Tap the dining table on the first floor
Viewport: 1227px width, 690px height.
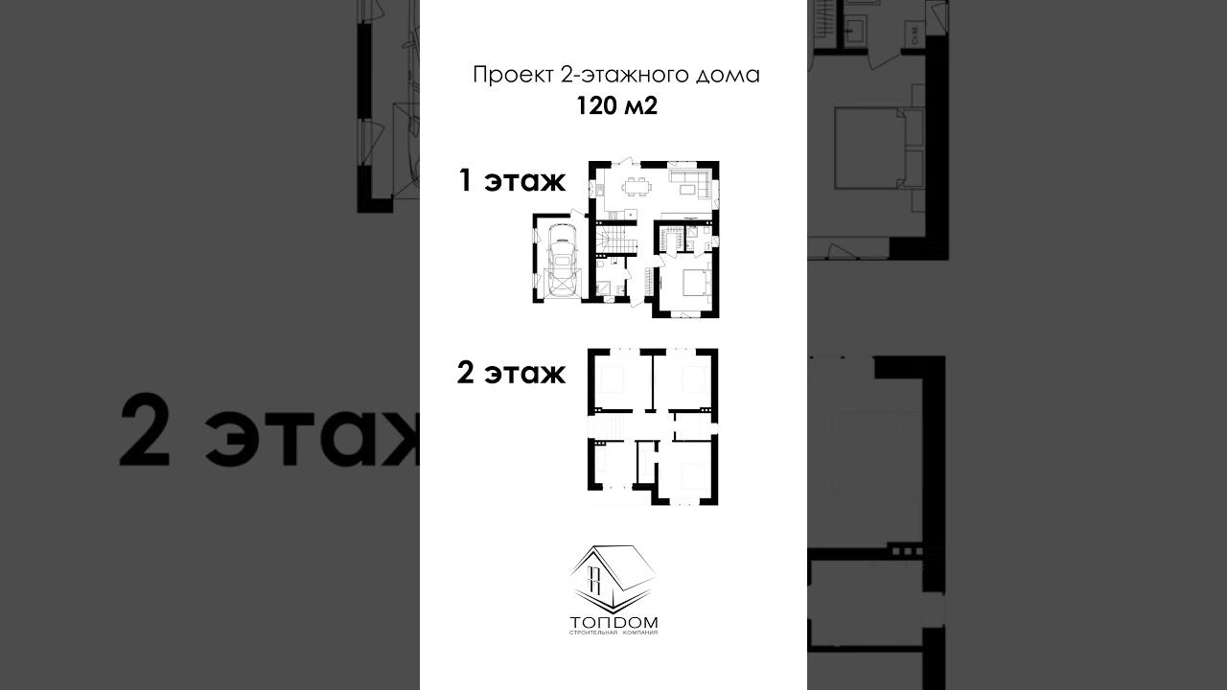tap(637, 187)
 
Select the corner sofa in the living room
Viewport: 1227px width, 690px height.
tap(691, 179)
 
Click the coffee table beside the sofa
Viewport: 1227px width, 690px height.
tap(687, 190)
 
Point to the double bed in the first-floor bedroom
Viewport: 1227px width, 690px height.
tap(695, 282)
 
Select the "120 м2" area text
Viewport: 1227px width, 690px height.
tap(616, 106)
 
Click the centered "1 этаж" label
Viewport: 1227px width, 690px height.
tap(512, 181)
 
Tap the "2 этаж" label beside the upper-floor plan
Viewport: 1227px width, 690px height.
tap(511, 373)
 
